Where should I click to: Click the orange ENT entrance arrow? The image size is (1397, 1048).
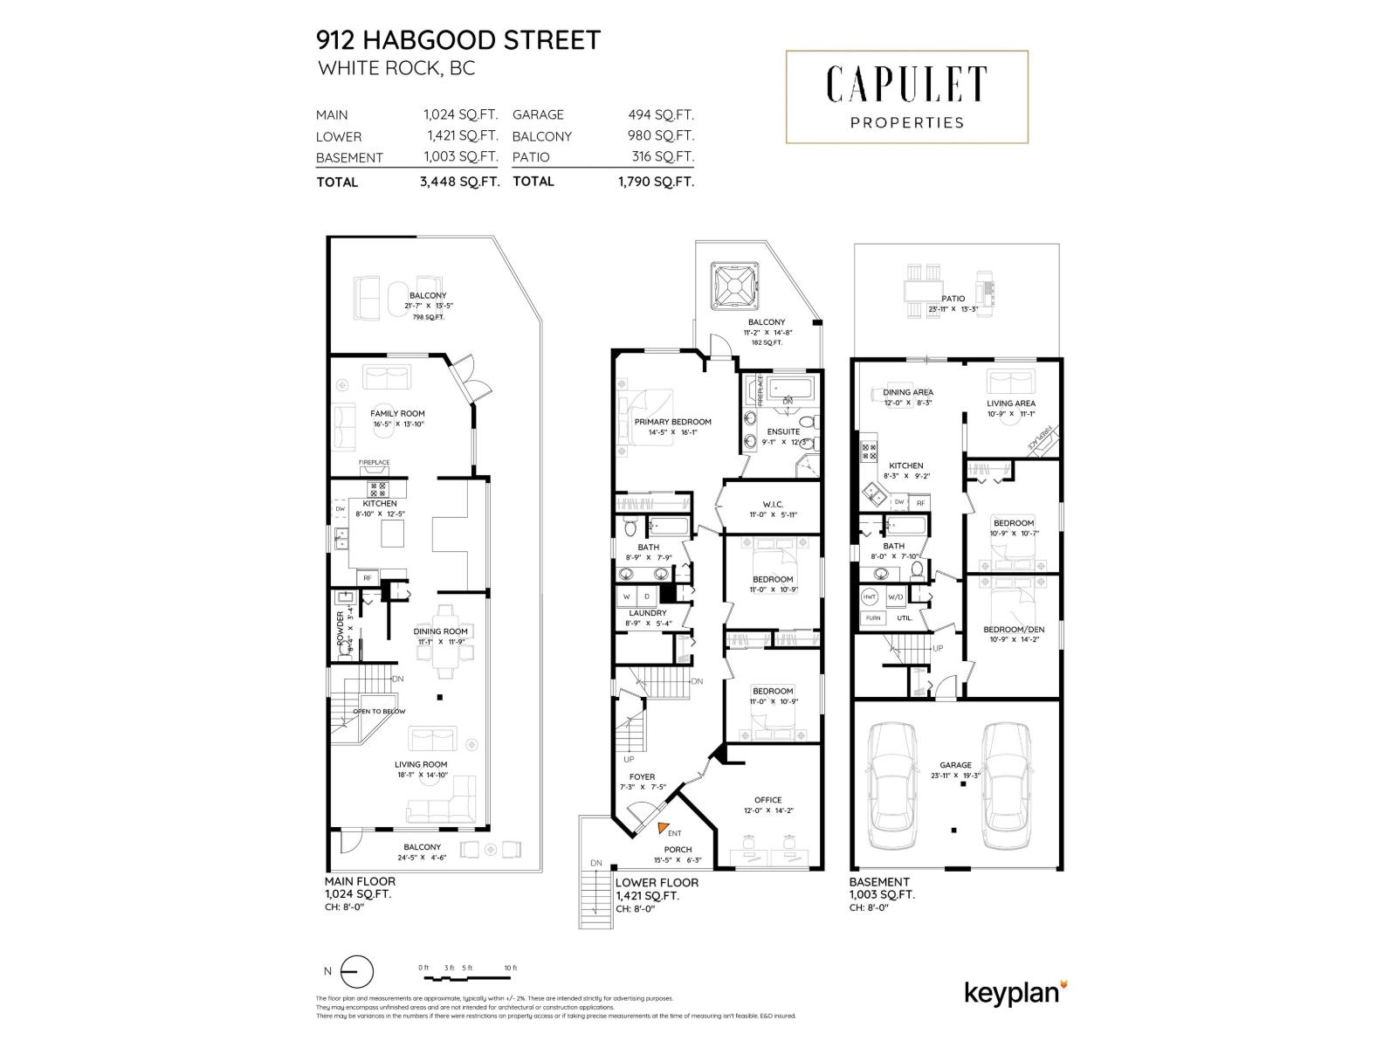(663, 827)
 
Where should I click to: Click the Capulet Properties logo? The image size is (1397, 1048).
(907, 96)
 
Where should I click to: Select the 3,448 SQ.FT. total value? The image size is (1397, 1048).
(459, 182)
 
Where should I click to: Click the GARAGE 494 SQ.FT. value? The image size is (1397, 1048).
(661, 114)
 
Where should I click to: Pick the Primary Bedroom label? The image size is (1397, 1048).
(672, 422)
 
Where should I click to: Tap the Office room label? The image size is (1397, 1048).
(767, 800)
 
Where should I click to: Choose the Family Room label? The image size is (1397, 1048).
(397, 414)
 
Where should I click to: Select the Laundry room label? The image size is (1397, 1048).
(648, 613)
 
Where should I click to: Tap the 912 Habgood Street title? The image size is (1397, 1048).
(458, 40)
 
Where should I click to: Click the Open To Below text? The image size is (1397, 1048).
(379, 711)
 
